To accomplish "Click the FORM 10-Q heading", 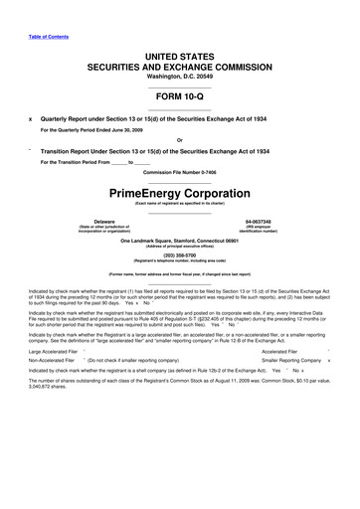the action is coord(179,97).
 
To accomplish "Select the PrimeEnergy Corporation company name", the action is coord(179,190).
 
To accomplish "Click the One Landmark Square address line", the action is coord(179,240).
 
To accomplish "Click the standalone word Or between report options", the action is coord(179,138).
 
